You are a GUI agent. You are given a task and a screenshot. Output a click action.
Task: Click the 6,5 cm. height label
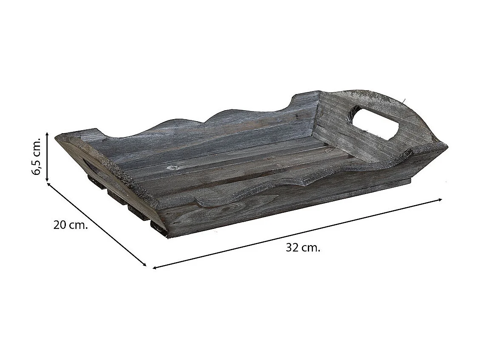(x=36, y=156)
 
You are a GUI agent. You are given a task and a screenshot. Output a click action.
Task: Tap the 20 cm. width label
(x=71, y=225)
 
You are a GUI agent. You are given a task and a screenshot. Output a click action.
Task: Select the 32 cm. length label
(x=303, y=247)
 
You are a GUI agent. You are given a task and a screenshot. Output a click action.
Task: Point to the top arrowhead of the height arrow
(x=47, y=134)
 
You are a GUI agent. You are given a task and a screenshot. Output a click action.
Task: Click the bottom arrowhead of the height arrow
(x=47, y=180)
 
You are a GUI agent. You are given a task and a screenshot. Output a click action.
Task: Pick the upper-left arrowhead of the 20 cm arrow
(x=48, y=184)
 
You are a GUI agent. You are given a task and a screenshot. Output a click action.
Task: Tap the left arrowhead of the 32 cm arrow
(x=154, y=268)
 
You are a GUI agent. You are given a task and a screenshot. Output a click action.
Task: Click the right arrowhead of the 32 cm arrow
(x=440, y=200)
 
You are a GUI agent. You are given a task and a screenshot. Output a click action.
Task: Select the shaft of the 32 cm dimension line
(x=297, y=234)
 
